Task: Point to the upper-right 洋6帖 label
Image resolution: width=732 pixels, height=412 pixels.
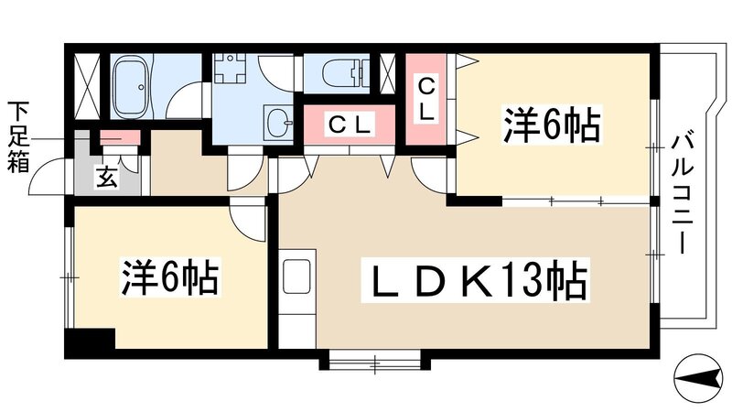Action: (x=550, y=125)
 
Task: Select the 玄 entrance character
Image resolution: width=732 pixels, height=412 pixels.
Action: (x=108, y=178)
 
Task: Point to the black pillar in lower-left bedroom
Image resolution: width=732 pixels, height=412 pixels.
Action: (x=89, y=342)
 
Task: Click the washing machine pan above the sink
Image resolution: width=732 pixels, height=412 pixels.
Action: (x=233, y=72)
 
